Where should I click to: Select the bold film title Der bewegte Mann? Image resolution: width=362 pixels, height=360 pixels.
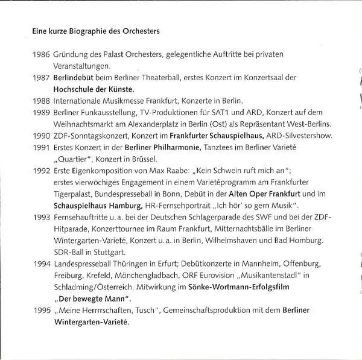pos(93,300)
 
